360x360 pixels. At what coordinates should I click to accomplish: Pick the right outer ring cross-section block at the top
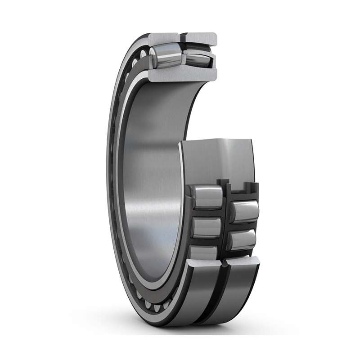(202, 39)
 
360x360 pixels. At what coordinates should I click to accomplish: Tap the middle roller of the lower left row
(206, 227)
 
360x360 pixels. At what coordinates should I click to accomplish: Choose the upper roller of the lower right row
(245, 211)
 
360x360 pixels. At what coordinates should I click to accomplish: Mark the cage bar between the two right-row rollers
(243, 226)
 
